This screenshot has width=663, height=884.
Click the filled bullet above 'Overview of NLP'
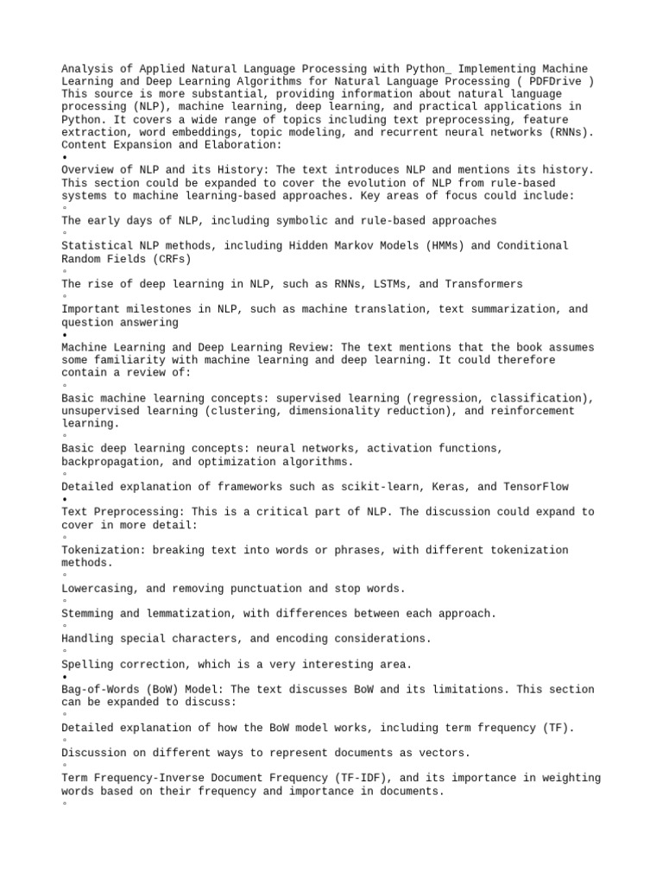[65, 158]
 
